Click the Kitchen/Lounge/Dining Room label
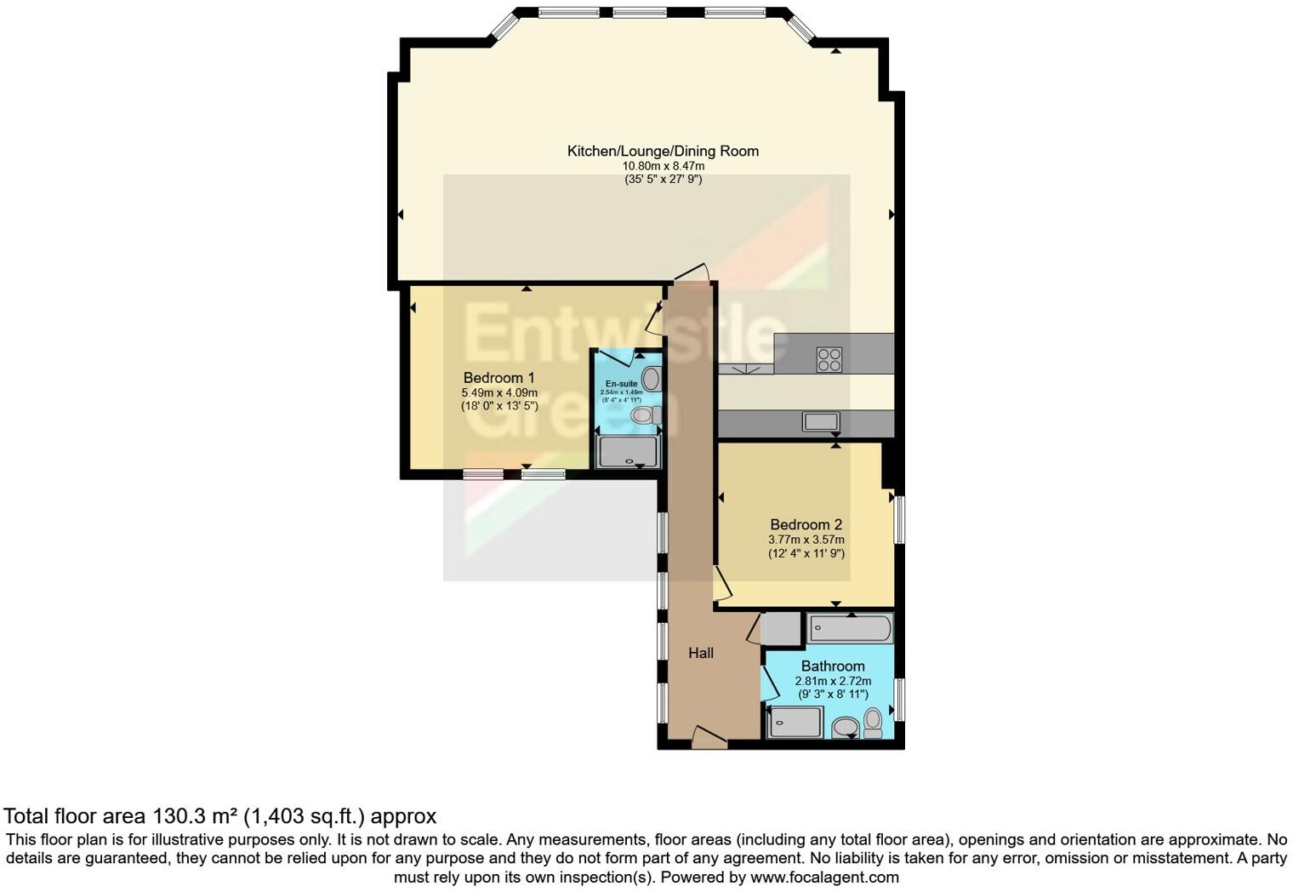[x=663, y=151]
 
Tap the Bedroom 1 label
[x=498, y=377]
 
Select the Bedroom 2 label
[x=806, y=524]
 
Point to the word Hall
[x=701, y=653]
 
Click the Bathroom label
[x=832, y=666]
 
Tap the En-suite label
[x=621, y=384]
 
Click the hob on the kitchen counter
[x=829, y=359]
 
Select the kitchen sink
[x=821, y=421]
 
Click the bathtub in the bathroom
[x=850, y=630]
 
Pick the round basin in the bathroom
[x=845, y=727]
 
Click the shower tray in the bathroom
[x=795, y=723]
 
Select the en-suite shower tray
[x=628, y=451]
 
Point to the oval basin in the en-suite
[x=651, y=379]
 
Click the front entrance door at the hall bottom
[x=708, y=738]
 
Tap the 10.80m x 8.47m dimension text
[x=663, y=166]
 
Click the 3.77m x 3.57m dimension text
[x=806, y=540]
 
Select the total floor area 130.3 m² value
[x=195, y=816]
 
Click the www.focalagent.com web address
[x=824, y=877]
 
